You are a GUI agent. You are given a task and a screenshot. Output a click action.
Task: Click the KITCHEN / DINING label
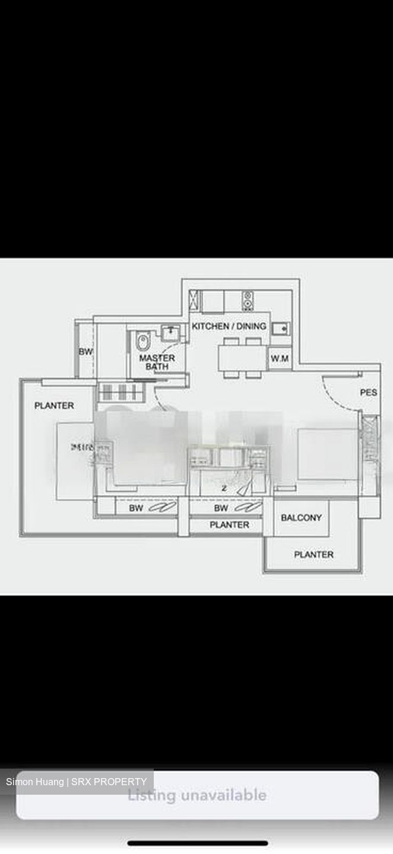click(229, 326)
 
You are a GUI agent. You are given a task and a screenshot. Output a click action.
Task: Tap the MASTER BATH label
click(157, 362)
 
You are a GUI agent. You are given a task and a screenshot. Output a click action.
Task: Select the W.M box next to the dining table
click(280, 358)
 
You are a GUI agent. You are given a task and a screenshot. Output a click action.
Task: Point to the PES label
click(368, 393)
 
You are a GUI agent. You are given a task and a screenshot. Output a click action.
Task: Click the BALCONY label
click(301, 518)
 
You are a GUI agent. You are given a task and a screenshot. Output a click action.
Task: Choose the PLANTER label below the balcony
click(313, 555)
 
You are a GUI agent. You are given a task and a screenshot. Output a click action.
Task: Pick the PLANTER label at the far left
click(54, 406)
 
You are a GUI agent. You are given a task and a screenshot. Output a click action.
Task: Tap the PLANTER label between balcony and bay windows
click(229, 525)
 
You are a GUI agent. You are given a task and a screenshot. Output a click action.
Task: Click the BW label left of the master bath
click(85, 352)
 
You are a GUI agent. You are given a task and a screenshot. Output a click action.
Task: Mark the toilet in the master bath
click(142, 342)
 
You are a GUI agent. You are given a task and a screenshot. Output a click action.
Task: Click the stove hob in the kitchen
click(248, 300)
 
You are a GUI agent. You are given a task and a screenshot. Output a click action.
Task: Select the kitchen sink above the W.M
click(280, 328)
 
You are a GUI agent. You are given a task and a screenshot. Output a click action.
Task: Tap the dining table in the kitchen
click(242, 358)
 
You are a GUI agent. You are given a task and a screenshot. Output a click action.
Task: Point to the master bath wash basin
click(170, 332)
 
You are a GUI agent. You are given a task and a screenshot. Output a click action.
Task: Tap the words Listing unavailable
click(197, 795)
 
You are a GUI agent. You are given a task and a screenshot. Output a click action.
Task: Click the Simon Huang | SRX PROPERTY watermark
click(76, 782)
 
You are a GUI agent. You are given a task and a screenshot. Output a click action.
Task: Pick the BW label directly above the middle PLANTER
click(221, 508)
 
